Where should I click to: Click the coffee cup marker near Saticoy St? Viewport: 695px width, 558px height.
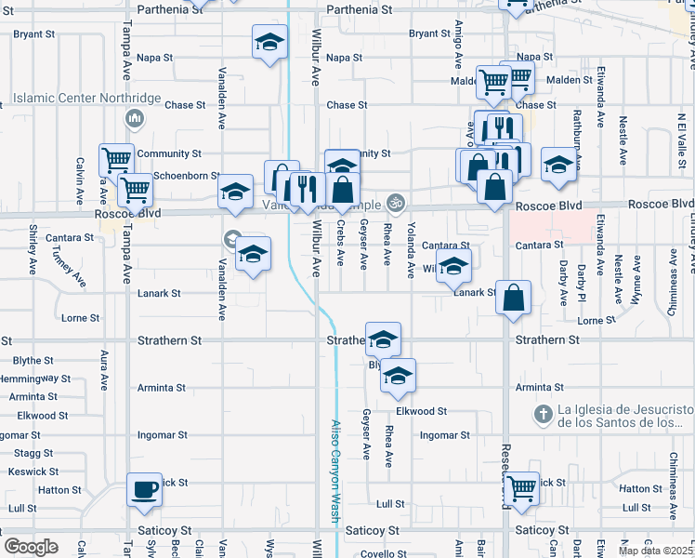point(144,489)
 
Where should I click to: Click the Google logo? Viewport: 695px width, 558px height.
point(30,547)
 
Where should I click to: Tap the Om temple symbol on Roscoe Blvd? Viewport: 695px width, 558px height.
point(396,201)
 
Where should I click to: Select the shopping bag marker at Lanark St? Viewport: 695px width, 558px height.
point(514,299)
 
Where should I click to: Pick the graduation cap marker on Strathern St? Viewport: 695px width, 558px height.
point(382,341)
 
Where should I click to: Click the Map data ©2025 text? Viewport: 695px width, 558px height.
point(656,550)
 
